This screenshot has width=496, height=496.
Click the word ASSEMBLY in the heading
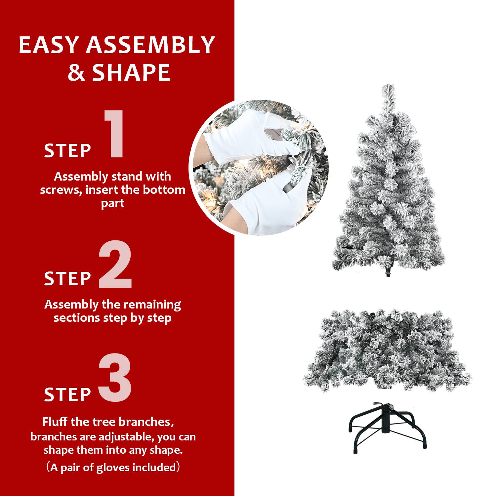click(150, 45)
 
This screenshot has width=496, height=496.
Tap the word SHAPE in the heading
click(131, 73)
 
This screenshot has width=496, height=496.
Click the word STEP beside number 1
click(67, 151)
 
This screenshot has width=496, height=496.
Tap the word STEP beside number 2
click(67, 278)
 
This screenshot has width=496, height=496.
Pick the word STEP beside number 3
click(67, 394)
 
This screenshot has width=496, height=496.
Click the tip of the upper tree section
click(388, 88)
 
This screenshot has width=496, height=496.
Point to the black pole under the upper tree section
click(388, 272)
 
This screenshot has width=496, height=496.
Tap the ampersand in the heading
click(76, 73)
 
